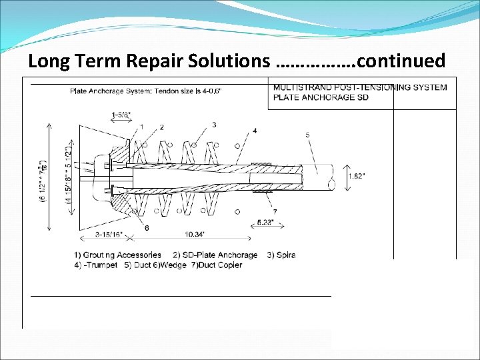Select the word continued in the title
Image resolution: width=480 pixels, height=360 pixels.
pyautogui.click(x=401, y=61)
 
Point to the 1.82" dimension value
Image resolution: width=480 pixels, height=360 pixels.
pyautogui.click(x=357, y=177)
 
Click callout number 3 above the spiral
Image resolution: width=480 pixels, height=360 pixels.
pyautogui.click(x=214, y=125)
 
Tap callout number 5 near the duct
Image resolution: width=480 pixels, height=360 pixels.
pyautogui.click(x=307, y=135)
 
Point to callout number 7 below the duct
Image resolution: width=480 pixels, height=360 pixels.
pyautogui.click(x=274, y=211)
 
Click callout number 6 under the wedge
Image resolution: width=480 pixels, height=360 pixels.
pyautogui.click(x=147, y=229)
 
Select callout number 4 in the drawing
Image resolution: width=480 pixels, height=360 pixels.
pyautogui.click(x=255, y=131)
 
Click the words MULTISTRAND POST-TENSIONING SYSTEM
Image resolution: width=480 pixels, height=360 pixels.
pyautogui.click(x=360, y=87)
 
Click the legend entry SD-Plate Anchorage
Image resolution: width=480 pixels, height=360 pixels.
pyautogui.click(x=215, y=255)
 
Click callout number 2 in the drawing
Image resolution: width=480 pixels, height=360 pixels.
pyautogui.click(x=161, y=127)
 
